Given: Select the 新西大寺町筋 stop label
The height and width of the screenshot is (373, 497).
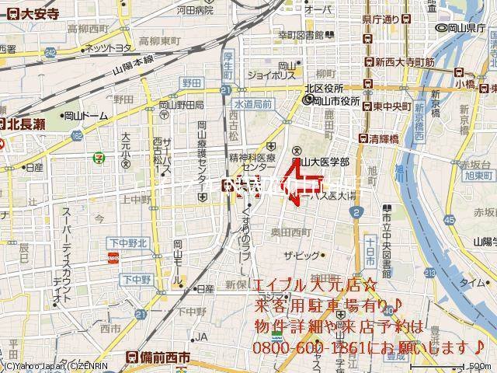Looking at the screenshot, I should [x=402, y=62].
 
